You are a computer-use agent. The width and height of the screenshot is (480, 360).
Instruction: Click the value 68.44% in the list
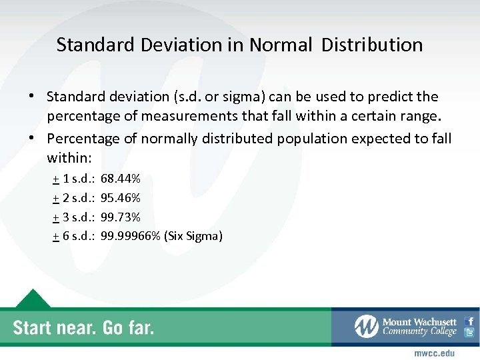[120, 179]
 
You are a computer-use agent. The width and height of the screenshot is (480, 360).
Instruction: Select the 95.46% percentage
[120, 198]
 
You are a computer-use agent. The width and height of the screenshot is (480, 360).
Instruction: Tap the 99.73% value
[120, 217]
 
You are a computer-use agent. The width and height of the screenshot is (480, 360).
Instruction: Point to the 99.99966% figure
[130, 235]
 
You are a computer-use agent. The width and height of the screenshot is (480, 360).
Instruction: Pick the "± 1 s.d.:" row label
[74, 179]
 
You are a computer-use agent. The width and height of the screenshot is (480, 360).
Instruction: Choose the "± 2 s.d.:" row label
[74, 198]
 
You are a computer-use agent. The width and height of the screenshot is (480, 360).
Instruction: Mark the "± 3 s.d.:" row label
[74, 217]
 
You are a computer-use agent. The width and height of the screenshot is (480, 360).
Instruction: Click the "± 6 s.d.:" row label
[74, 235]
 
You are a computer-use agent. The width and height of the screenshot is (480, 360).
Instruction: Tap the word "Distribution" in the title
[372, 45]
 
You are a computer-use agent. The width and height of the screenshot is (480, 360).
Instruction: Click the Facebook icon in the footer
[470, 321]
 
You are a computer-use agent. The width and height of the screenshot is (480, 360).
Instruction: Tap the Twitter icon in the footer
[470, 333]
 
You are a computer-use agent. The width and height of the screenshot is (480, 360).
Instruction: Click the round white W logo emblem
[366, 327]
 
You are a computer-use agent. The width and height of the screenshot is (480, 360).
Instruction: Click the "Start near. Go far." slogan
[83, 327]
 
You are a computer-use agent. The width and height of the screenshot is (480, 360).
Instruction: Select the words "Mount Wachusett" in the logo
[419, 322]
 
